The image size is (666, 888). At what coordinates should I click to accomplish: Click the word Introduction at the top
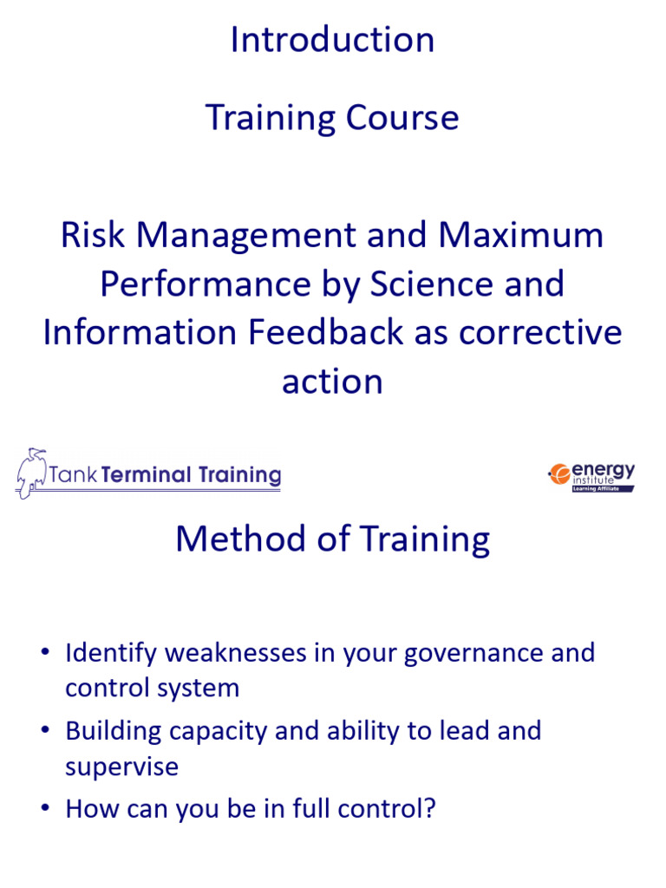[x=332, y=40]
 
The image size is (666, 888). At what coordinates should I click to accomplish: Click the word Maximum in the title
[x=521, y=235]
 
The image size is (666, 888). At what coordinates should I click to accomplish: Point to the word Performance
[x=207, y=284]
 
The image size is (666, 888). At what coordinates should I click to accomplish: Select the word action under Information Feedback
[x=332, y=382]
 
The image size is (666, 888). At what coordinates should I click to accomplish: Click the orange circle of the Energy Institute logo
[x=558, y=473]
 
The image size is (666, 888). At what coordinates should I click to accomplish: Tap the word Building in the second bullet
[x=114, y=730]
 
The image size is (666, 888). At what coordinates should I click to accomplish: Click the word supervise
[x=121, y=767]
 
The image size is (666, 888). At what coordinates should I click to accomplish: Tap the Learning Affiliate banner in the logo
[x=602, y=488]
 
